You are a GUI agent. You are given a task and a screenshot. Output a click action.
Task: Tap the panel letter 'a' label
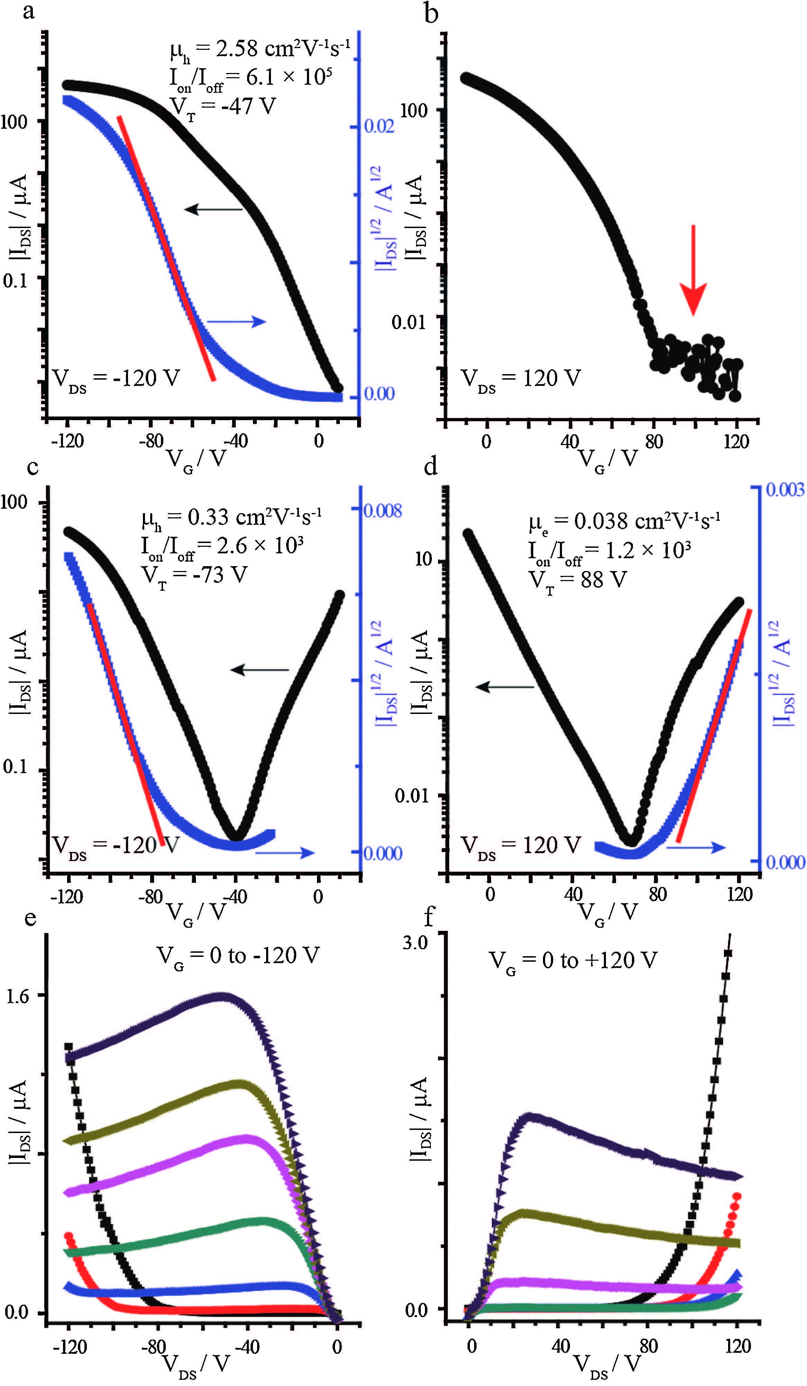click(29, 11)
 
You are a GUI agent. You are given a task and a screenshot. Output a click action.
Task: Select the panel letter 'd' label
click(431, 466)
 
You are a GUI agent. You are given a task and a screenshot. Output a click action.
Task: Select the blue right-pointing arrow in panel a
click(237, 322)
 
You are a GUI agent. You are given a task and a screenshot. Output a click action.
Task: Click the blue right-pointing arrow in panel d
click(696, 848)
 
